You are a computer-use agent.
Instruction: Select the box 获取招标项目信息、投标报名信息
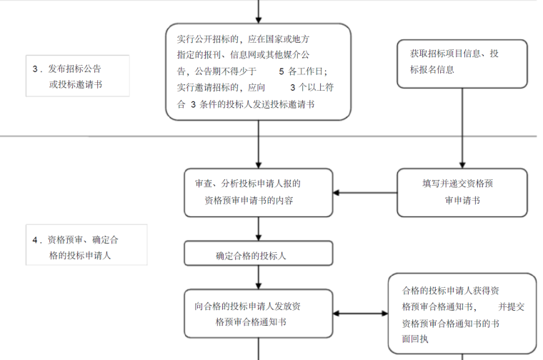pos(462,63)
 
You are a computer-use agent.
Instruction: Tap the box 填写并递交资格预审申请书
pos(462,192)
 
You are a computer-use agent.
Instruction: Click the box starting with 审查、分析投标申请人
pos(258,192)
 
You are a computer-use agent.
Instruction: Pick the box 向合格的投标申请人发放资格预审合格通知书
pos(258,314)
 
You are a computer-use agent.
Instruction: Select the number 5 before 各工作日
pos(281,71)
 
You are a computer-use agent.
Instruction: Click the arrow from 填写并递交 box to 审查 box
pos(364,192)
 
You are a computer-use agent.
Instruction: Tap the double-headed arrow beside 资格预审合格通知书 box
pos(360,314)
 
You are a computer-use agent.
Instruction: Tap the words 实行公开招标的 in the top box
pos(208,39)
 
